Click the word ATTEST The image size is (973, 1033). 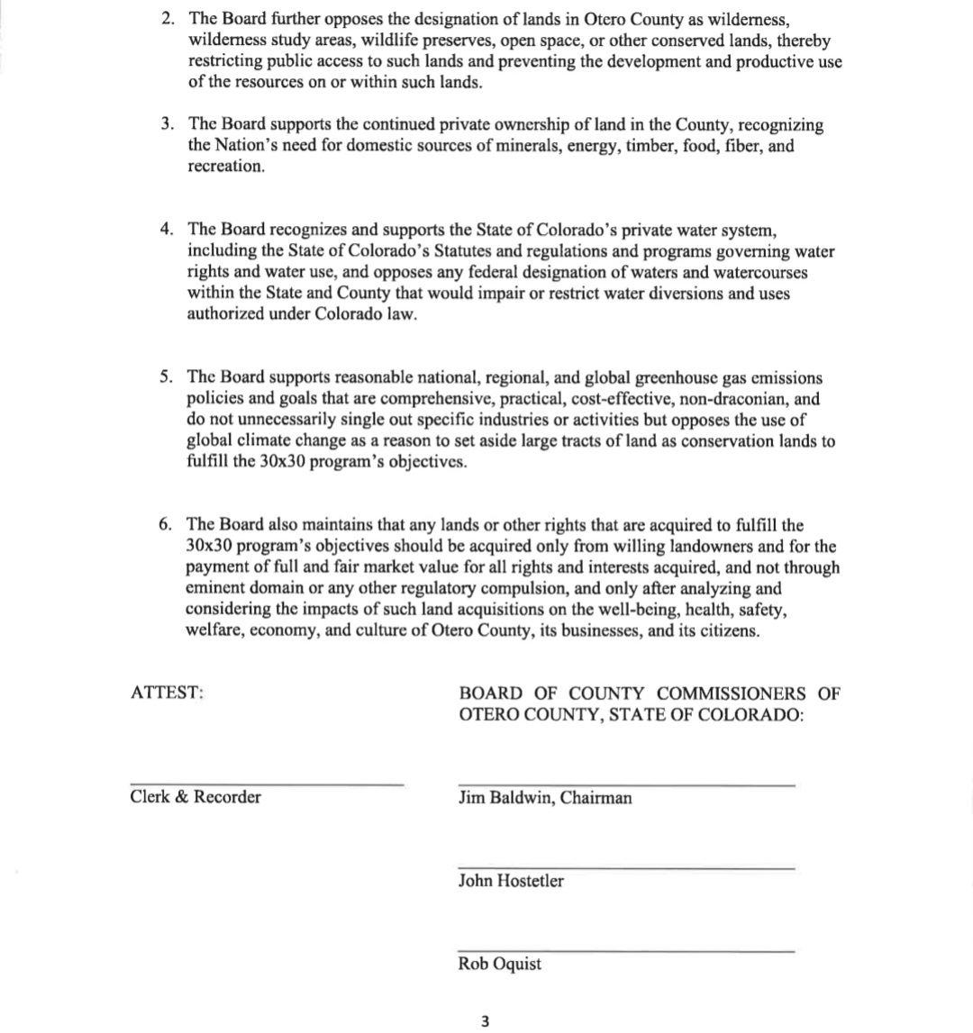[167, 693]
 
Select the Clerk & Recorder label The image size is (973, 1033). [196, 797]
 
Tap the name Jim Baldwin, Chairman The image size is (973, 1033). [545, 798]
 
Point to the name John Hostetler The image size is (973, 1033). [511, 881]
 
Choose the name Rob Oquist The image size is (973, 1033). [500, 964]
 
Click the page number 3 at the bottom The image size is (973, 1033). [486, 1021]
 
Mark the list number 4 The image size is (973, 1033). [167, 230]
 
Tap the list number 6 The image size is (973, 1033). [166, 524]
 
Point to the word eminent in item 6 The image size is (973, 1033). [214, 588]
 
